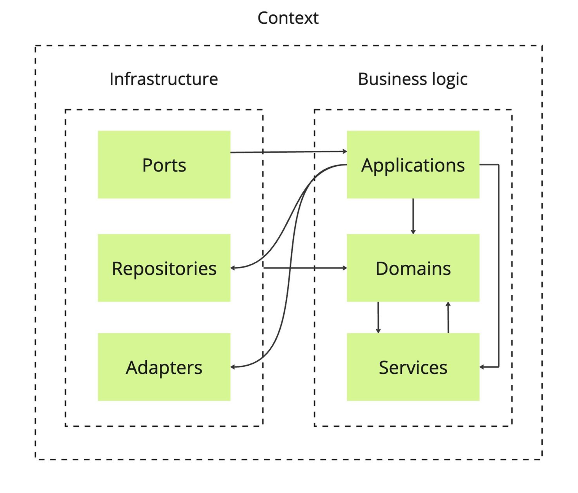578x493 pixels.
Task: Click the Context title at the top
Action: click(x=288, y=18)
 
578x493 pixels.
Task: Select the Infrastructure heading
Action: click(x=164, y=79)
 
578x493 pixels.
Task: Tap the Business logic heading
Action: click(x=412, y=79)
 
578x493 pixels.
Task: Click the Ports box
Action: click(x=164, y=165)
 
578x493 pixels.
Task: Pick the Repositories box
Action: click(x=164, y=268)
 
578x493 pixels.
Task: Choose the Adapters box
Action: click(x=164, y=367)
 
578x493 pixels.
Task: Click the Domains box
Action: click(x=413, y=268)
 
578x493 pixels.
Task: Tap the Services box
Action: click(x=413, y=367)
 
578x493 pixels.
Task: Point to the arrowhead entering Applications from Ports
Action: click(x=345, y=151)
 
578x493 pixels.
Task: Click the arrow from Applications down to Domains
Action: click(x=413, y=216)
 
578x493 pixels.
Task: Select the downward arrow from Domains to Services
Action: click(x=378, y=317)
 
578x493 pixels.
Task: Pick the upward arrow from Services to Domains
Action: click(x=448, y=317)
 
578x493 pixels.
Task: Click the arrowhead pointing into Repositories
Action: click(x=233, y=268)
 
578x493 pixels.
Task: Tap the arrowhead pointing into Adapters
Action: click(x=233, y=367)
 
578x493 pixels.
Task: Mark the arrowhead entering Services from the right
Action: click(x=482, y=367)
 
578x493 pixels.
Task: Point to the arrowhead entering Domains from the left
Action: click(x=345, y=268)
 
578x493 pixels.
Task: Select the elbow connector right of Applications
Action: click(x=499, y=265)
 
